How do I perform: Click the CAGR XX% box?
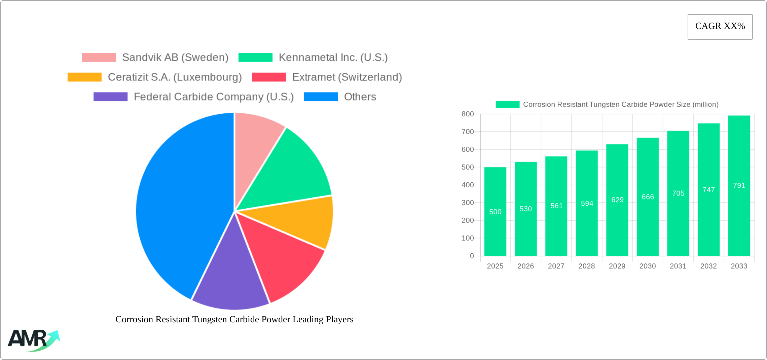(x=720, y=27)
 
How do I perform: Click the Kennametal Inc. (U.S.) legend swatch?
(x=255, y=58)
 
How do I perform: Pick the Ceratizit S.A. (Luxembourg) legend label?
(x=175, y=77)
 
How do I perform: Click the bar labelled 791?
(x=739, y=185)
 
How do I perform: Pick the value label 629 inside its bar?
(x=617, y=200)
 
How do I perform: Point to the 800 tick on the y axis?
(x=468, y=114)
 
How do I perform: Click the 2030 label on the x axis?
(x=648, y=266)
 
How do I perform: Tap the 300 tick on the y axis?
(x=468, y=203)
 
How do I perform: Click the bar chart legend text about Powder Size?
(x=621, y=105)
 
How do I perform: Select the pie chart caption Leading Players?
(x=234, y=319)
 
